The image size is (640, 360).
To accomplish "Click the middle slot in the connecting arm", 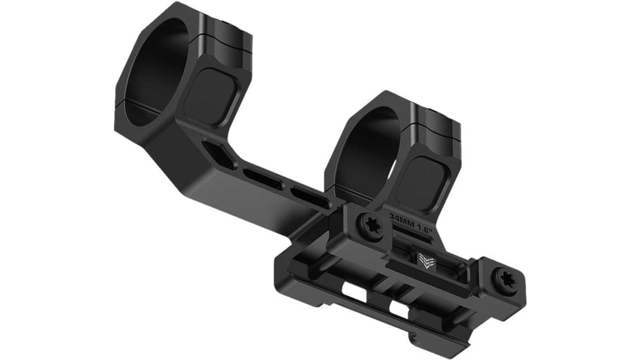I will point(264,179).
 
